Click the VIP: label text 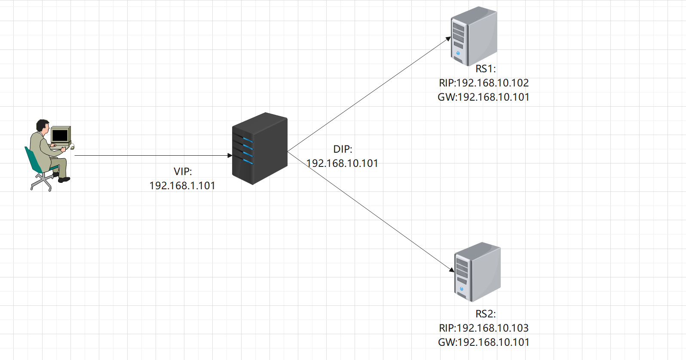coord(183,172)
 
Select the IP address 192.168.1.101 coord(182,186)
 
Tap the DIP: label coord(343,149)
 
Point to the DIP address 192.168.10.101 coord(342,163)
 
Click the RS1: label coord(485,69)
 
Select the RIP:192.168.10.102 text coord(484,83)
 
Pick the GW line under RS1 coord(484,97)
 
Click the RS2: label coord(485,314)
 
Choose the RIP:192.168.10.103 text coord(484,328)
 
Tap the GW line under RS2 coord(484,342)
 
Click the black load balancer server coord(260,148)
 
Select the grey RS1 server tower coord(474,36)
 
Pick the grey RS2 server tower coord(478,272)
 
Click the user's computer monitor coord(61,135)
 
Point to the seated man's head coord(43,126)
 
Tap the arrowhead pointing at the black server coord(230,155)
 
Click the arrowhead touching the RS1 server coord(448,39)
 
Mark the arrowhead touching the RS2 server coord(452,270)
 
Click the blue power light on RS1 coord(458,53)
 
